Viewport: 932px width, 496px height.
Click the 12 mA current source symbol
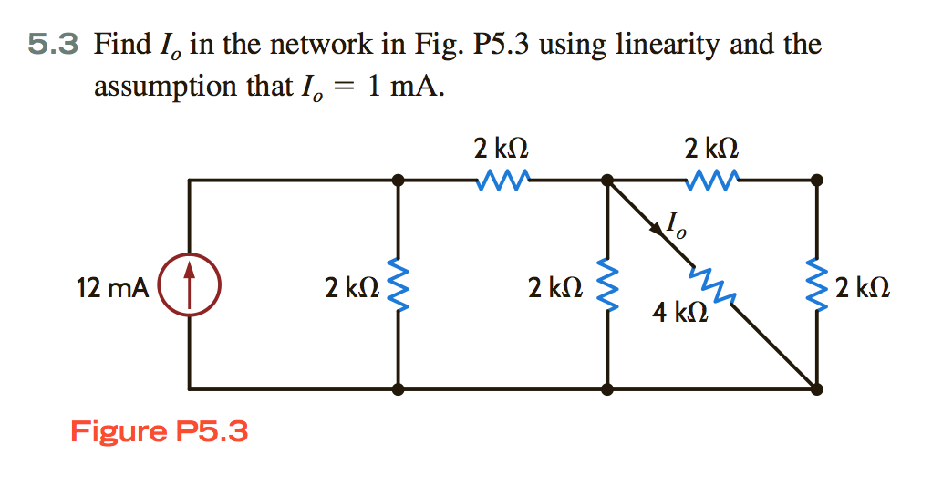[189, 284]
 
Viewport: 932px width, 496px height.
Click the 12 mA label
[112, 288]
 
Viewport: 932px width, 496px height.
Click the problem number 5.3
[54, 43]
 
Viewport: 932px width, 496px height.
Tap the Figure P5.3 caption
[159, 429]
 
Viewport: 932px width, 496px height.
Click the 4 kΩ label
[679, 315]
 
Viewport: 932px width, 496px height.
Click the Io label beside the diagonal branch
[676, 223]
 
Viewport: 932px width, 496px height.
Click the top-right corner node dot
[816, 181]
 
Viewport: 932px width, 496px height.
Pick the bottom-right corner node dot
[816, 388]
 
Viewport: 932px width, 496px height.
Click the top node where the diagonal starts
[606, 181]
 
